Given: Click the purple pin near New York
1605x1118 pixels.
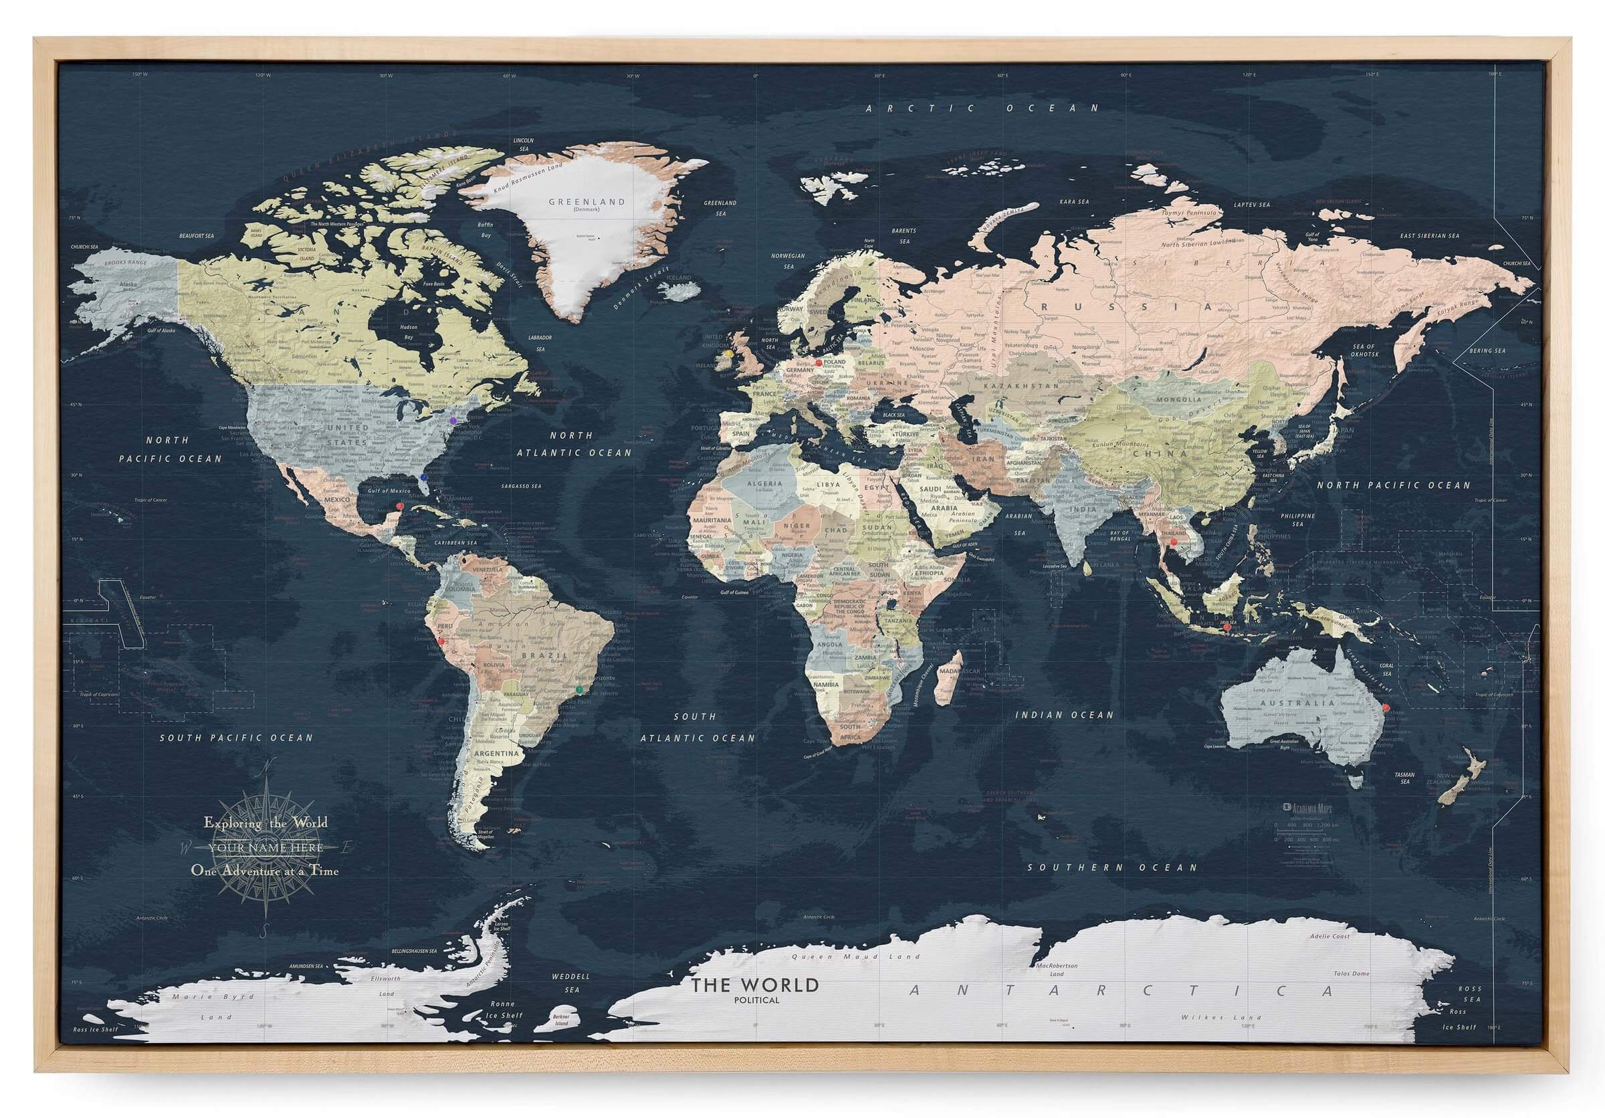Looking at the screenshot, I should pos(453,421).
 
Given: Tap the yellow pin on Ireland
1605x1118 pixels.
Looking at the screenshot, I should pos(729,354).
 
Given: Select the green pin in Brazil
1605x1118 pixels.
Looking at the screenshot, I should pos(579,689).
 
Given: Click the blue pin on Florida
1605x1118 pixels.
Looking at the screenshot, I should pos(424,477).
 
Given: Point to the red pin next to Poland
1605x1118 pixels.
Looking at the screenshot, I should pos(819,363).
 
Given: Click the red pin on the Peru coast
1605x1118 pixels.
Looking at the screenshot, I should pos(441,641).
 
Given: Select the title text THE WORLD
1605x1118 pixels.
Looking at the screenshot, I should pos(755,986).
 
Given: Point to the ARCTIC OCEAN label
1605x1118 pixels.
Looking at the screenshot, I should pos(982,108).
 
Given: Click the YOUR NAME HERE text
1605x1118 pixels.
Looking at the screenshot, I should pos(265,848).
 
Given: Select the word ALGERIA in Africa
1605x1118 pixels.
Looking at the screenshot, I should pos(765,483).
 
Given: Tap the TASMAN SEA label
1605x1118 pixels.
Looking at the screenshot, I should pos(1404,778).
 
